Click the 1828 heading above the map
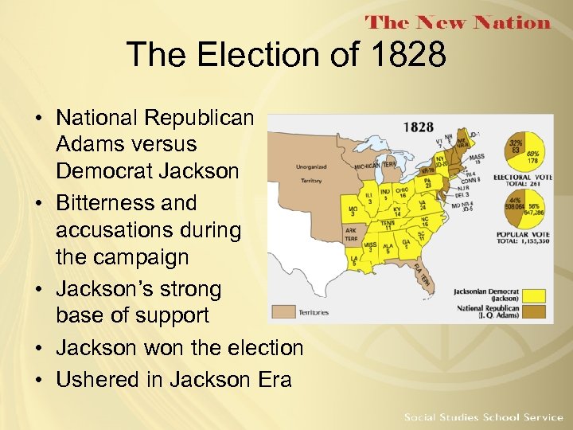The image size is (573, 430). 419,127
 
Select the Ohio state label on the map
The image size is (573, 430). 403,191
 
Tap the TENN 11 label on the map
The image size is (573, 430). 388,225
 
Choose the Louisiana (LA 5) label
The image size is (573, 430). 352,261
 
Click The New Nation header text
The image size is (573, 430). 457,22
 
